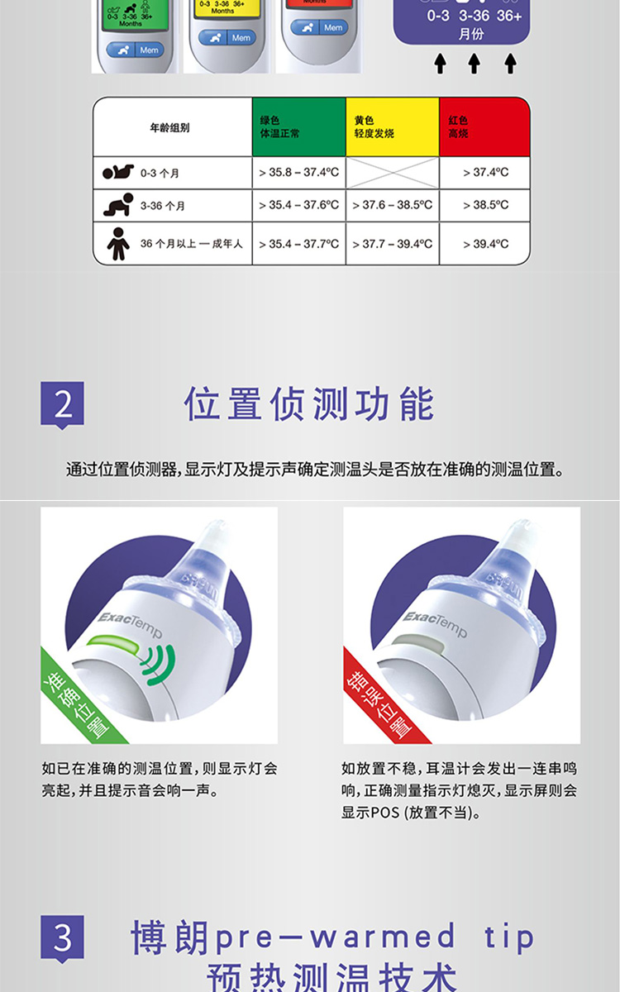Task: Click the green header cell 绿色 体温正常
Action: click(298, 126)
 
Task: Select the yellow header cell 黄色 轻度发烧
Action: click(392, 126)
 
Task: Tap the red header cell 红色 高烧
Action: click(484, 126)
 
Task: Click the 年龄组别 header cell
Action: click(172, 127)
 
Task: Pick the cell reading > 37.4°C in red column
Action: click(484, 172)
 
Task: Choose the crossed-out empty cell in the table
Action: click(392, 172)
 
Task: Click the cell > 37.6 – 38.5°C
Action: click(392, 205)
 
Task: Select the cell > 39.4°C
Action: click(484, 244)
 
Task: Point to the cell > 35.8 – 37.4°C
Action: click(298, 172)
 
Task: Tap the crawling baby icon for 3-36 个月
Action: click(117, 205)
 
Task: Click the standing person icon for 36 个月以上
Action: click(117, 243)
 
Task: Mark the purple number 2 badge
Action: click(63, 404)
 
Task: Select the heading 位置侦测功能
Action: click(309, 404)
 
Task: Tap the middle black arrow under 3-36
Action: click(475, 64)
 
